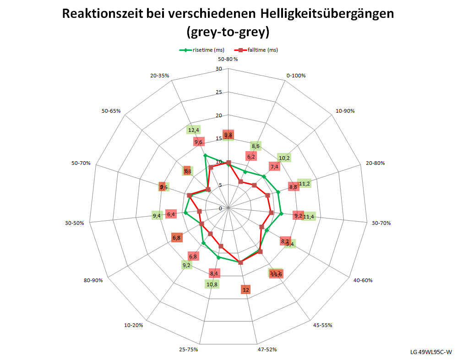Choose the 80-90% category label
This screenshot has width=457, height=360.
[x=93, y=280]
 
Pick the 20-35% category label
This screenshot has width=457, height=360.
[x=159, y=76]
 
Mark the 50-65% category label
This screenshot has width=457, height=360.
[x=110, y=111]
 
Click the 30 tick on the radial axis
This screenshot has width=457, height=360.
[x=218, y=69]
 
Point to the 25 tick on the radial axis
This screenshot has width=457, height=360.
[x=218, y=93]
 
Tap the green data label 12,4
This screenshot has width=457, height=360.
[x=194, y=131]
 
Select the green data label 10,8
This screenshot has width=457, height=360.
[x=212, y=284]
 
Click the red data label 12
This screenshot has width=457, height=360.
[x=246, y=290]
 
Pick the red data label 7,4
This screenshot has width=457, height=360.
[x=275, y=167]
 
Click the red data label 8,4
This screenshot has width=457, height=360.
[x=214, y=273]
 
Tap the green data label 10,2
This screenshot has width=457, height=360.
[x=284, y=158]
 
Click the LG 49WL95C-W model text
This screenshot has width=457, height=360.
[x=431, y=352]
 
